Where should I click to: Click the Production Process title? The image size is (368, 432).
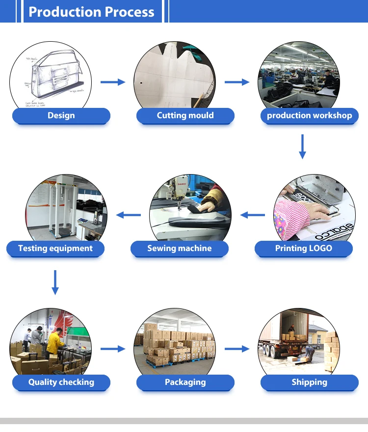pos(91,12)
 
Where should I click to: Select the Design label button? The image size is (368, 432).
pos(61,116)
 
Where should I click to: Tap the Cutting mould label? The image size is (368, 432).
pos(185,116)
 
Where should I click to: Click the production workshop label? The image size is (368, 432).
pos(309,116)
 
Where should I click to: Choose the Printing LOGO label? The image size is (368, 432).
pos(303,249)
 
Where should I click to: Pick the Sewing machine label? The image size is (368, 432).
pos(179,249)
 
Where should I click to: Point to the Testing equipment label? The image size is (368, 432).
pos(55,249)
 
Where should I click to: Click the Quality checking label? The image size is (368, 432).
pos(61,382)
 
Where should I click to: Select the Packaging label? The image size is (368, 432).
pos(185,382)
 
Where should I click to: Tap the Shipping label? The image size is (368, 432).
pos(309,382)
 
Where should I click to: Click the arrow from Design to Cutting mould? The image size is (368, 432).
pos(113,82)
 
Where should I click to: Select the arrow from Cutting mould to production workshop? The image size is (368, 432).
pos(237,82)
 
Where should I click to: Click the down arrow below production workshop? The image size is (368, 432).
pos(302,147)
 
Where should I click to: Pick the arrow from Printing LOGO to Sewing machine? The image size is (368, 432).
pos(252,214)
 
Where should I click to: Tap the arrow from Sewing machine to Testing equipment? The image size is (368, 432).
pos(128,214)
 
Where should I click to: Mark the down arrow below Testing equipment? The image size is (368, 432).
pos(55,282)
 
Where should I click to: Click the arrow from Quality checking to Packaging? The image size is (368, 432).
pos(113,349)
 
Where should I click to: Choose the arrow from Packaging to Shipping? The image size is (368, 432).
pos(237,349)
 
